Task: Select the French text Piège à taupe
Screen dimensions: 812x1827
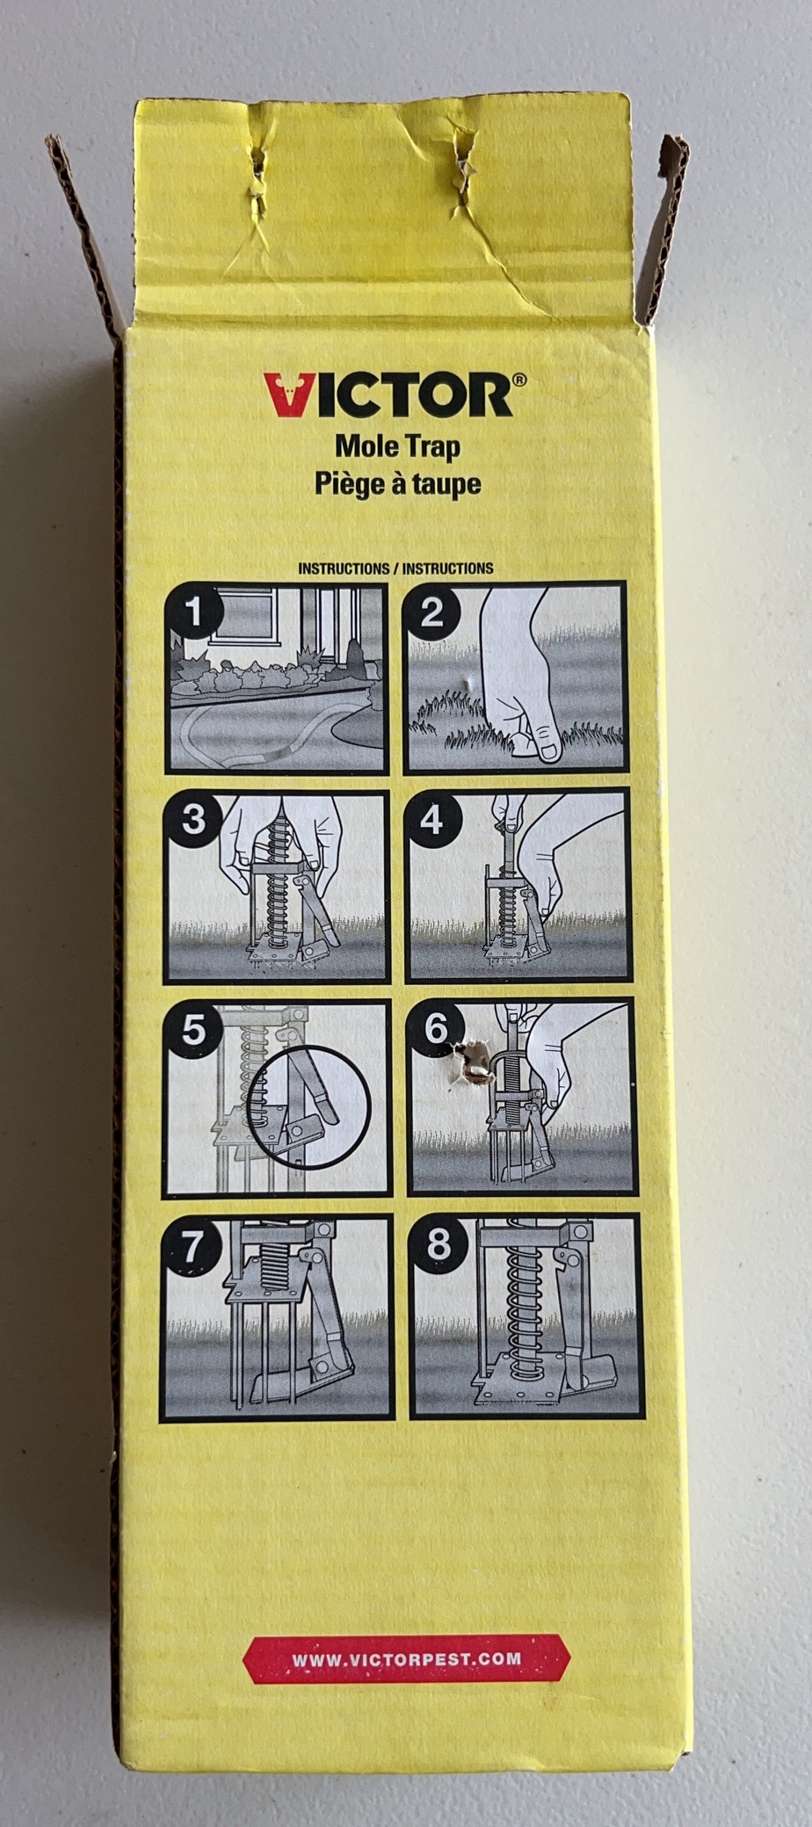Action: pyautogui.click(x=398, y=483)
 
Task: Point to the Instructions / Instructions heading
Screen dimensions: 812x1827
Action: pyautogui.click(x=395, y=569)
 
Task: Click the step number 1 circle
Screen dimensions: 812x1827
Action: pyautogui.click(x=195, y=612)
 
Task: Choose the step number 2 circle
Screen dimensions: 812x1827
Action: pyautogui.click(x=431, y=612)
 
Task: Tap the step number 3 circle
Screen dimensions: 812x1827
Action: pyautogui.click(x=193, y=820)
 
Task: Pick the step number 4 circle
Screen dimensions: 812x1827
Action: pyautogui.click(x=432, y=820)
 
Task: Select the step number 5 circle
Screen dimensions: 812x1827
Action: pyautogui.click(x=193, y=1029)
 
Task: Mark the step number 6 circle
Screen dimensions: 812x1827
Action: pyautogui.click(x=437, y=1027)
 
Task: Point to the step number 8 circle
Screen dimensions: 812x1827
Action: pyautogui.click(x=438, y=1243)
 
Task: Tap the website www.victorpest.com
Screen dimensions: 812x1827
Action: pyautogui.click(x=407, y=1659)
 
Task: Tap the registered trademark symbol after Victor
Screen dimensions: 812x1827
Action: pyautogui.click(x=520, y=381)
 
